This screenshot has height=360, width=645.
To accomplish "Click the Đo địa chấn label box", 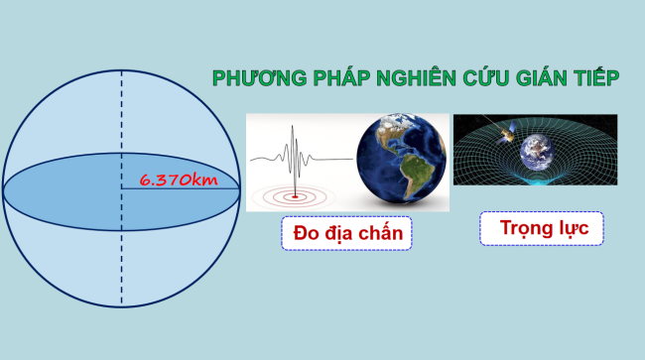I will click(x=346, y=234).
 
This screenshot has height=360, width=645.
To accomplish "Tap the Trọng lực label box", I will click(x=541, y=229).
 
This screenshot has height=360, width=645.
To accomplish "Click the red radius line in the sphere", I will click(x=179, y=189).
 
